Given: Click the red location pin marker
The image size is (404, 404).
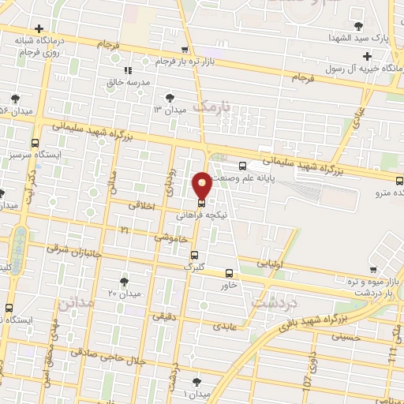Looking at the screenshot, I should coord(202,185).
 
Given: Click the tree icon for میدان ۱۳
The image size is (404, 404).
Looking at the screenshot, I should coord(170,98).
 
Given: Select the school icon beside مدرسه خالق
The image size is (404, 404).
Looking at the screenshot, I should coord(116,71).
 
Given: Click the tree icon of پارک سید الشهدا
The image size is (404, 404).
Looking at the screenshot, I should coord(360,26).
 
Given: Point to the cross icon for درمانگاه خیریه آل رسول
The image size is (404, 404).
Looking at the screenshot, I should coord(367,56).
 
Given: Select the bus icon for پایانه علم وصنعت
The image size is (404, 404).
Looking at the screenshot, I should coord(241,166).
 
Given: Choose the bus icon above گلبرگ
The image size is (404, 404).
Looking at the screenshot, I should coord(195,254).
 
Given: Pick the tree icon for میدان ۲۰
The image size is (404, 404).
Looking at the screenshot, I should coord(125,281).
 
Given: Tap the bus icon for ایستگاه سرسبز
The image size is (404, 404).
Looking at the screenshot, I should coord(35,143).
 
